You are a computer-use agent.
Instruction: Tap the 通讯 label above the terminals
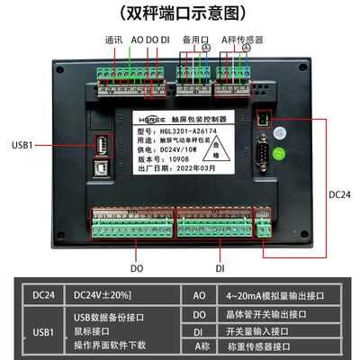click(113, 40)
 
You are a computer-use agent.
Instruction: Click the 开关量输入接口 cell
click(262, 328)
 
